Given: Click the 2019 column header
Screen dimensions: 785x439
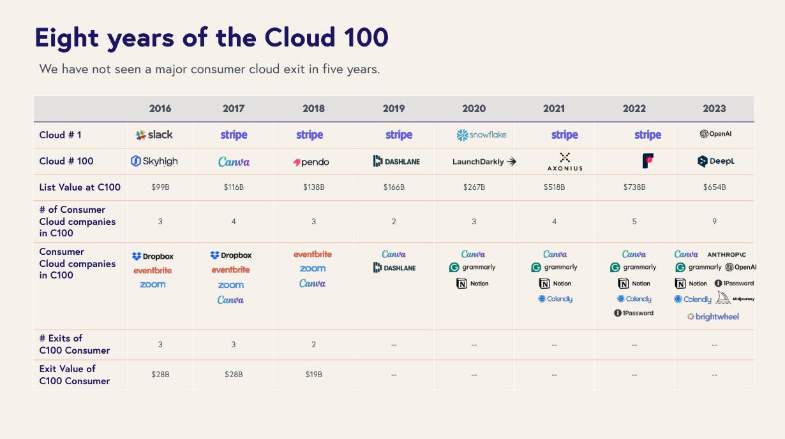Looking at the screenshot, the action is click(394, 108).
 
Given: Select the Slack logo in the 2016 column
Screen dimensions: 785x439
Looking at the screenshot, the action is click(154, 134).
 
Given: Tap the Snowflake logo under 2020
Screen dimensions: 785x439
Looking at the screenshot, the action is click(481, 134).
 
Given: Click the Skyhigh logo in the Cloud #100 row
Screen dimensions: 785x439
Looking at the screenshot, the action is click(154, 161).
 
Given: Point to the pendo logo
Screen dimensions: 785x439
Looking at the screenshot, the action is click(311, 162).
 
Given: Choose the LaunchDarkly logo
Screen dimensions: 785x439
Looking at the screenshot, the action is click(484, 162).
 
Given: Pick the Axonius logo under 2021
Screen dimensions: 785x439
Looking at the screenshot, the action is click(565, 162).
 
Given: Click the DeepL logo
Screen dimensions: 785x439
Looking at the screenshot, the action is click(715, 161).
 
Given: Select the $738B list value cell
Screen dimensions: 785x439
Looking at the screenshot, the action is click(634, 187).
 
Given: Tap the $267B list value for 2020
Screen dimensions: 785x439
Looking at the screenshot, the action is click(474, 187).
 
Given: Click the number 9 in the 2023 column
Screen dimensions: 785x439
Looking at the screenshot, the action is click(715, 222).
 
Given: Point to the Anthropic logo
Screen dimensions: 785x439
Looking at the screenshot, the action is click(726, 255).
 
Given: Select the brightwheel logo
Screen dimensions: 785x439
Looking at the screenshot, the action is click(713, 317).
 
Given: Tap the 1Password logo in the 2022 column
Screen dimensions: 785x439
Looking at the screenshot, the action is click(634, 313).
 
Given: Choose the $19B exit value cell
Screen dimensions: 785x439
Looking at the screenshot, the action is click(313, 375).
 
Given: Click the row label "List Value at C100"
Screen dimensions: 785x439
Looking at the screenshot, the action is click(80, 187).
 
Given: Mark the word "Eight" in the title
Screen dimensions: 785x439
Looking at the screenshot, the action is click(67, 38).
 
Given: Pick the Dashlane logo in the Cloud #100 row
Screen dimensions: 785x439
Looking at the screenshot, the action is click(396, 161).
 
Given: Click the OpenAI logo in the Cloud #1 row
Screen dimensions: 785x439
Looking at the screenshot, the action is click(715, 134).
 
